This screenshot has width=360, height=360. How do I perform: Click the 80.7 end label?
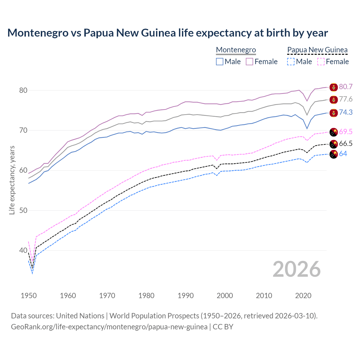(x=346, y=87)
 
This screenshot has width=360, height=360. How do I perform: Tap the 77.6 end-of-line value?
(x=346, y=99)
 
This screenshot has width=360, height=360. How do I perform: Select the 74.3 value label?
(x=346, y=112)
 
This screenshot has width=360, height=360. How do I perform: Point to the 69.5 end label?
(x=346, y=132)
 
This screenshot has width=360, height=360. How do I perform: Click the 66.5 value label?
(x=346, y=144)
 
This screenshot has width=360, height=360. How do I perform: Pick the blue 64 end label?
(x=343, y=154)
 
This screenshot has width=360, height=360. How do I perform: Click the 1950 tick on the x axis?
(x=29, y=296)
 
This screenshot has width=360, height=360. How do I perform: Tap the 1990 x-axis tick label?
(x=186, y=296)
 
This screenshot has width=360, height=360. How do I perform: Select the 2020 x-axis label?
(x=303, y=296)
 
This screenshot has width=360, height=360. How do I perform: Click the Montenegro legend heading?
(x=236, y=50)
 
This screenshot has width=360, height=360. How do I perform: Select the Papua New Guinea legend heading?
(x=317, y=50)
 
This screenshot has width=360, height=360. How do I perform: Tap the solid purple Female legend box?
(x=249, y=62)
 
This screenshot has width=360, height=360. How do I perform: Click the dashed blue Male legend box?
(x=291, y=62)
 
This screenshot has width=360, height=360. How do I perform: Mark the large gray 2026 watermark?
(x=296, y=269)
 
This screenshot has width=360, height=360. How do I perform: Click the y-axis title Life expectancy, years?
(x=12, y=180)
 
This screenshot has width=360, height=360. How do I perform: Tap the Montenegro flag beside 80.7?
(x=334, y=87)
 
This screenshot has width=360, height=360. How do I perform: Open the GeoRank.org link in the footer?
(x=109, y=327)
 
